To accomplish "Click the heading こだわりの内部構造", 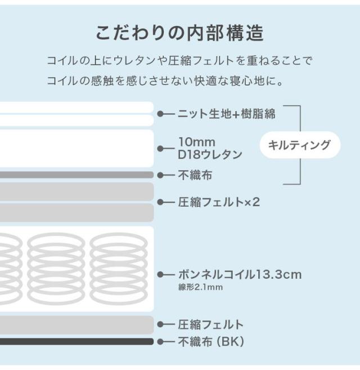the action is tap(179, 33).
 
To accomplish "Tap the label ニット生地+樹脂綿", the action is tap(226, 114).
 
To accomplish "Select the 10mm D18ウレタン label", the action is tap(210, 149).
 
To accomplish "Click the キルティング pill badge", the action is tap(300, 145).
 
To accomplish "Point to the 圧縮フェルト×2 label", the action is tap(219, 202).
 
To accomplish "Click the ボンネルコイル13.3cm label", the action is tap(240, 274).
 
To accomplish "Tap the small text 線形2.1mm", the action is tap(200, 287).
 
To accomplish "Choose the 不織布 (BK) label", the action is tap(211, 341).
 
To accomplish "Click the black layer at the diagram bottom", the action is tap(77, 341).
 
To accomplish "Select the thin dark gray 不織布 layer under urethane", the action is tap(77, 175).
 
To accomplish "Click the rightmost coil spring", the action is tap(119, 268).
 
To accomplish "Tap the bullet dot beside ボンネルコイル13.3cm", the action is tap(160, 274).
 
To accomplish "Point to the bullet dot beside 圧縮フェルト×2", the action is tap(160, 202).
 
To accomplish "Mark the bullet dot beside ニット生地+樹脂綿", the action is tap(160, 114).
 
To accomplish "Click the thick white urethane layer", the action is tap(77, 149).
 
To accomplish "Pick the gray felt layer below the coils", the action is tap(77, 325).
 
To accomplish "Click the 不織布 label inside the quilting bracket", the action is tap(195, 175).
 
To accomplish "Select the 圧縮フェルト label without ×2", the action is tap(210, 324).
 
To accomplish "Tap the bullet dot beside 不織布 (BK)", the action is tap(160, 342).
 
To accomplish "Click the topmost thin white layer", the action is tap(77, 108).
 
